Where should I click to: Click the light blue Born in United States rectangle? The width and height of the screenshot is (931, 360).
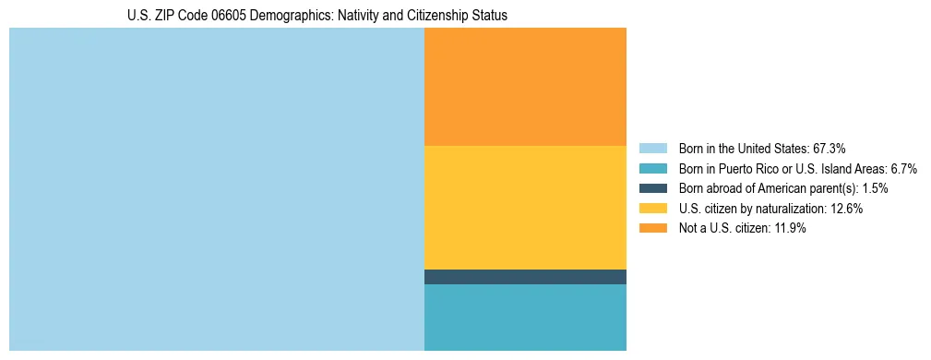point(216,189)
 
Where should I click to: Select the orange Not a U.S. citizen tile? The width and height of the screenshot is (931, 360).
point(525,87)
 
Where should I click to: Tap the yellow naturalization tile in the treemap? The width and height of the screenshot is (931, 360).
point(525,208)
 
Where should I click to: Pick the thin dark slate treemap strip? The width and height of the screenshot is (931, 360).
point(525,277)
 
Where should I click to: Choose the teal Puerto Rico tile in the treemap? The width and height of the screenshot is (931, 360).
point(525,318)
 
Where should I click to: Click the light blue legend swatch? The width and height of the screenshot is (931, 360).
point(652,148)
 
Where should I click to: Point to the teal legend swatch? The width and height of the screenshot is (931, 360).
point(652,168)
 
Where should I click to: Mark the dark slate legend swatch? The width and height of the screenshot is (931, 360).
point(652,188)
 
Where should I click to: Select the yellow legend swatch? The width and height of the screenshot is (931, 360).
point(652,209)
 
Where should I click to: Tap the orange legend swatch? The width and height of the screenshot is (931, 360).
point(652,229)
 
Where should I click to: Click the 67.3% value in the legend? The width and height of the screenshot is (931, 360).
point(829,148)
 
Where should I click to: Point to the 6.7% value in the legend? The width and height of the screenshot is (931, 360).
point(901,168)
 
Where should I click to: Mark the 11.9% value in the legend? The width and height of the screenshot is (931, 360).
point(788,229)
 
